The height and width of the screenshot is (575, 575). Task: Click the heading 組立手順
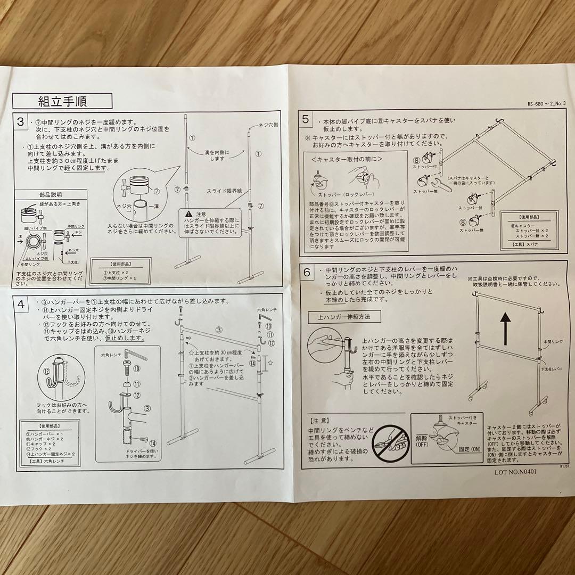click(62, 101)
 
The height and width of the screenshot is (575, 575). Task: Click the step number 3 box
click(20, 122)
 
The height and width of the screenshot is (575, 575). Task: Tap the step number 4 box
click(20, 305)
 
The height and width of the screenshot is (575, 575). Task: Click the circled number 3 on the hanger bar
click(218, 330)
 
